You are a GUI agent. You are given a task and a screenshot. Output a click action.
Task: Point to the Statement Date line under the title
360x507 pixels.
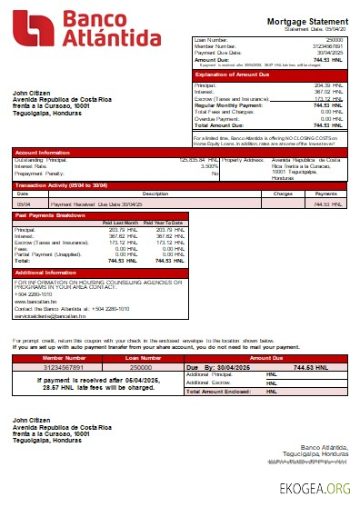[x=315, y=29]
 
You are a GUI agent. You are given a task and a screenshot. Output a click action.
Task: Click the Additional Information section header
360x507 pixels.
[x=46, y=272]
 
